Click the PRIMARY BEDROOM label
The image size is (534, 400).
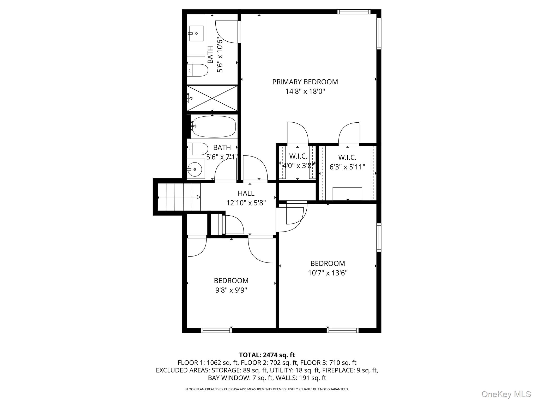coord(305,82)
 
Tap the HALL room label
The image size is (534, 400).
coord(246,193)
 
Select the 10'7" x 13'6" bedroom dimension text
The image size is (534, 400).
coord(327,273)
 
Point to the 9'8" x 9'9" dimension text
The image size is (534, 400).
coord(231,290)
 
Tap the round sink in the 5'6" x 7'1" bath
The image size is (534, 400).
coord(195,169)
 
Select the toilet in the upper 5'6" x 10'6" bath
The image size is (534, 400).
coord(198,70)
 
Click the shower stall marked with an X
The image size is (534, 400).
coord(213,98)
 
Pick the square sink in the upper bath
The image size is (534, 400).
coord(196,33)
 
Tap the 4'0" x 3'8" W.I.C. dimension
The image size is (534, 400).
coord(298,166)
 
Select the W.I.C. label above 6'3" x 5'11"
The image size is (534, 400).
coord(347,158)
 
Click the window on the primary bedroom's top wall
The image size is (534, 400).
coord(354,12)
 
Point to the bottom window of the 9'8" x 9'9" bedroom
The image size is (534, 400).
coord(216,330)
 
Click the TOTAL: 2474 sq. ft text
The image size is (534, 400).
coord(267,355)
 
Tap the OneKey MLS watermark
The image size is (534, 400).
coord(506,394)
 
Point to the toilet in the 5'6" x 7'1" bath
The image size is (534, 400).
coord(198,149)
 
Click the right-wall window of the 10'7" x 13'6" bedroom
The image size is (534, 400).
coord(379,237)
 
